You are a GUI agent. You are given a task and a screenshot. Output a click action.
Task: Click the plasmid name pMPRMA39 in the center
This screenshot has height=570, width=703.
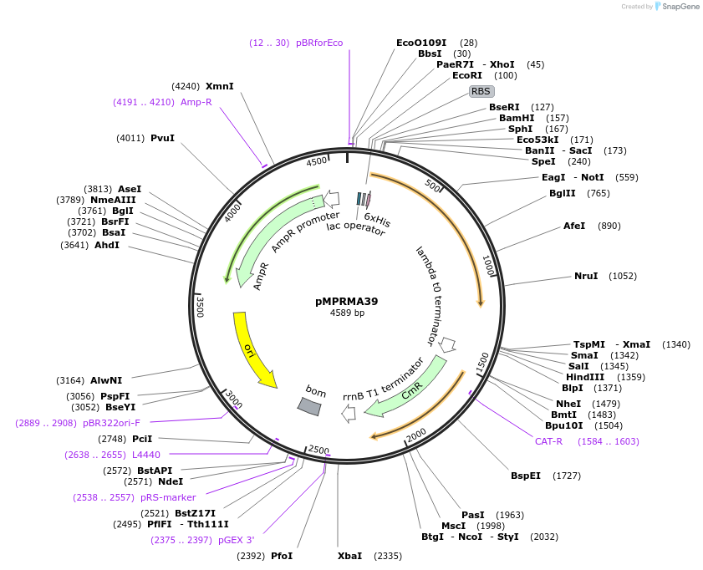tap(347, 301)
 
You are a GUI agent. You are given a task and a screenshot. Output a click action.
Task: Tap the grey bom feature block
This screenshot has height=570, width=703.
tap(309, 405)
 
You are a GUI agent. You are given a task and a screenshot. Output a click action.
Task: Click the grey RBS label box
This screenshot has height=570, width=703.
tap(481, 91)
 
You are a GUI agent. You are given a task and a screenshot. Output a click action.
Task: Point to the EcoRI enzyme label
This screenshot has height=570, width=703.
tap(467, 75)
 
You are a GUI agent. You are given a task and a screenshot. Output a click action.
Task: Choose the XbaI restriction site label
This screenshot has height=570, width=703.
tap(350, 556)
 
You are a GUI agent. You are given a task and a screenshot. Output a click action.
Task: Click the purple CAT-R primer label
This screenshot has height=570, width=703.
tap(548, 441)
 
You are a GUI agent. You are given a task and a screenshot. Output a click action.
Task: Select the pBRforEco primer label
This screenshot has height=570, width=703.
tap(319, 43)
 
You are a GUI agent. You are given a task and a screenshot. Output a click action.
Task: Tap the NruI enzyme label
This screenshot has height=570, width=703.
tap(586, 276)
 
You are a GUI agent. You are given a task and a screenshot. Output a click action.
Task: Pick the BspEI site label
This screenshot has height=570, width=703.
tap(526, 476)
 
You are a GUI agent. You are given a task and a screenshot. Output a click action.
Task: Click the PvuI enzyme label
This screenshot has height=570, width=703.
tap(162, 138)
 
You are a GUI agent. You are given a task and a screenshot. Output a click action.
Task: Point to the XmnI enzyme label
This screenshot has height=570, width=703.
tap(220, 86)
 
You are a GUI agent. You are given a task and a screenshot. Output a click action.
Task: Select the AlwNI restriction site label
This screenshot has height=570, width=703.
tap(106, 380)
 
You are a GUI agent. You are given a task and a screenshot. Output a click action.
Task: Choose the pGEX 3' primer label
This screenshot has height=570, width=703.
tap(237, 540)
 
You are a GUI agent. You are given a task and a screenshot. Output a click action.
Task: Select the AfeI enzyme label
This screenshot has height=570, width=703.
tap(574, 226)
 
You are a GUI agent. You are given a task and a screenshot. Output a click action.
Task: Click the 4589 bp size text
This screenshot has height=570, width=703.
tap(347, 313)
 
